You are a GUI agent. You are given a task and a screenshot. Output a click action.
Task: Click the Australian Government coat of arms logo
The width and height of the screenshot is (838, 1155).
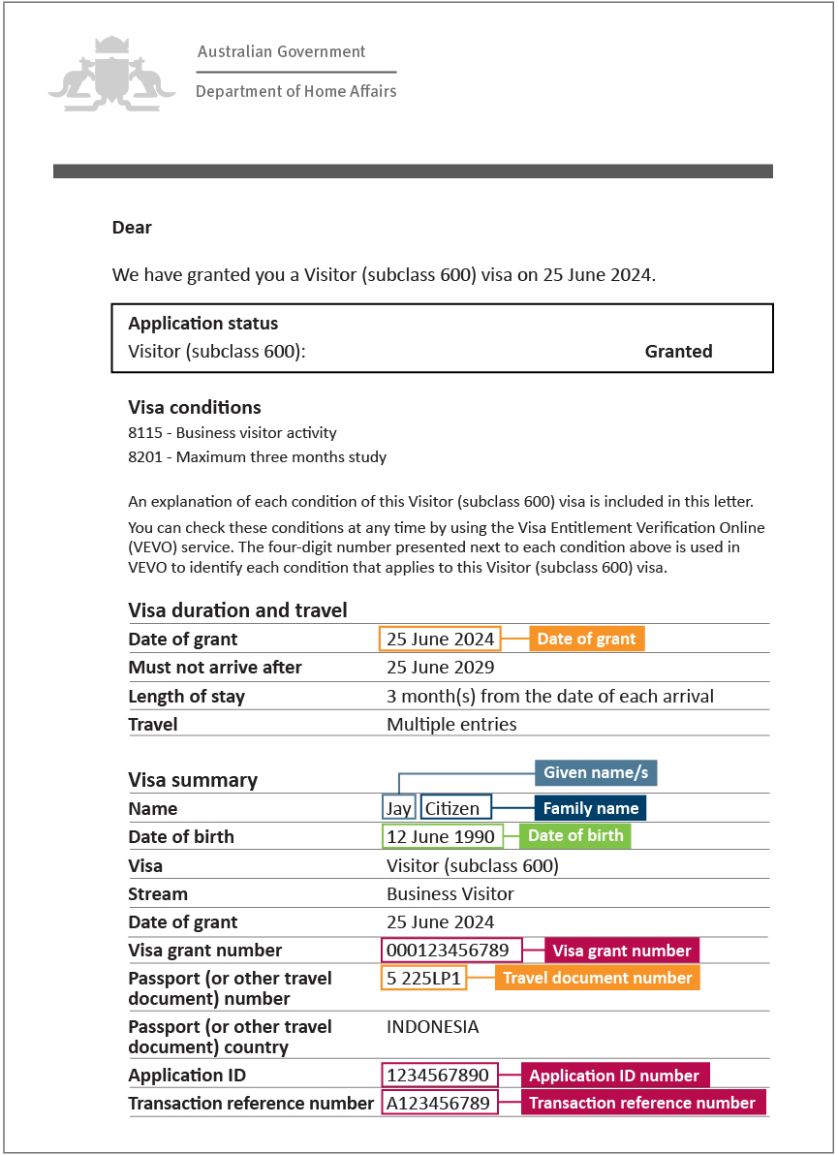coord(111,72)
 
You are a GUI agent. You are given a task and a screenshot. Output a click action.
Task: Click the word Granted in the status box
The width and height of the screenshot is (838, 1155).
coord(678,352)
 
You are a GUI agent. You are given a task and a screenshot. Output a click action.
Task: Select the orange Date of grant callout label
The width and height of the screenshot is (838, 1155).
coord(586,639)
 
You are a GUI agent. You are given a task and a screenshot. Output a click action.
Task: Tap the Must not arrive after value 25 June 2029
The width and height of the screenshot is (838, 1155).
coord(440,668)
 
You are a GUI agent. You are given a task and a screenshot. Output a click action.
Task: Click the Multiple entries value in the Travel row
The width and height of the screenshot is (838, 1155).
coord(451,724)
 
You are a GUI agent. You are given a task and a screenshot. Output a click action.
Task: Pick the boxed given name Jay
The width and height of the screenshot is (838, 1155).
coord(399,808)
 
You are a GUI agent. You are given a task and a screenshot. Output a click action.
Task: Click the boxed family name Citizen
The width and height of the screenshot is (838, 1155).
coord(456,808)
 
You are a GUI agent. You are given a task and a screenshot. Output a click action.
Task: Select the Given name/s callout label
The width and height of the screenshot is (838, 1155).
coord(597,772)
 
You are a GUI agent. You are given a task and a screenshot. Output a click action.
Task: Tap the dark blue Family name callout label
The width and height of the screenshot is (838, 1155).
coord(590,808)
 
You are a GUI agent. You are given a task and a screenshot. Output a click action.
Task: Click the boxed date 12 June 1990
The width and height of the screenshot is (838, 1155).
coord(441,837)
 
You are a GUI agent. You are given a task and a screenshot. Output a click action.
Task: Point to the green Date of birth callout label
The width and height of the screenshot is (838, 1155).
coord(575,836)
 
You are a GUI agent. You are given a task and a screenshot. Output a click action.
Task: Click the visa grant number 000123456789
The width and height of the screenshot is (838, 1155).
coord(452,951)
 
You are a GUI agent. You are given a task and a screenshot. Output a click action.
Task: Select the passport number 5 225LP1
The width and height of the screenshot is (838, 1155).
coord(423,979)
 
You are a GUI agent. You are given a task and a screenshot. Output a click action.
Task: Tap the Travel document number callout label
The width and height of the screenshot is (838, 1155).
coord(596,979)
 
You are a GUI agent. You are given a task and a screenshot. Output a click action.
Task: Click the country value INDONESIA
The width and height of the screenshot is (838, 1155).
coord(432,1027)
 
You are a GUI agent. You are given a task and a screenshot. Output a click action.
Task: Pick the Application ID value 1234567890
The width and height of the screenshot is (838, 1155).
coord(440,1076)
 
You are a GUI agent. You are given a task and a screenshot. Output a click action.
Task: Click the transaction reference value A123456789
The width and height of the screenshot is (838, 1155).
coord(440,1104)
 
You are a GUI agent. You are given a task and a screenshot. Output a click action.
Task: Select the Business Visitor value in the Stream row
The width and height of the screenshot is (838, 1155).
coord(450,893)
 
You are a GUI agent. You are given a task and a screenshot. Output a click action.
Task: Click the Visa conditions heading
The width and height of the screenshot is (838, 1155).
coord(194,408)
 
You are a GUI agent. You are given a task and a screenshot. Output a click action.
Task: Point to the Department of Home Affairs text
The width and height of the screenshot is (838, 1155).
coord(295,91)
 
